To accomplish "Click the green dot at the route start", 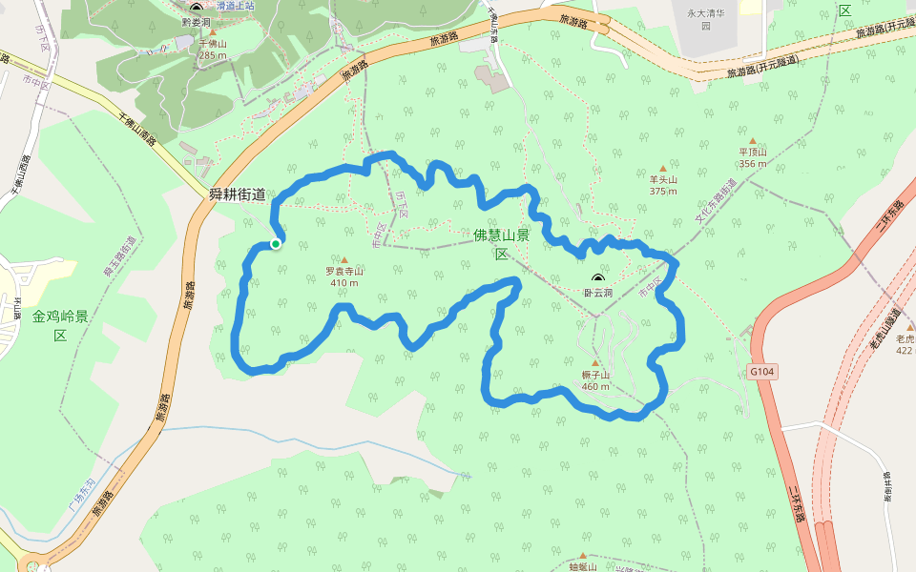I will pyautogui.click(x=276, y=244).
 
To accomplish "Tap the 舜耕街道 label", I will pyautogui.click(x=239, y=194).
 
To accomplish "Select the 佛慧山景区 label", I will pyautogui.click(x=501, y=244).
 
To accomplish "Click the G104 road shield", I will pyautogui.click(x=761, y=372).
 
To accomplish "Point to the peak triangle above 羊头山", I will pyautogui.click(x=663, y=169).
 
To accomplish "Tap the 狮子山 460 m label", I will pyautogui.click(x=595, y=380).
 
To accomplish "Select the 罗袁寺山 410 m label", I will pyautogui.click(x=344, y=276).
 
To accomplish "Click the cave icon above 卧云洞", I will pyautogui.click(x=598, y=278).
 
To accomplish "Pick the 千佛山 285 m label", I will pyautogui.click(x=213, y=50).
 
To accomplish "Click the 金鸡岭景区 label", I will pyautogui.click(x=60, y=324).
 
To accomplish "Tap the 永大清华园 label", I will pyautogui.click(x=706, y=20).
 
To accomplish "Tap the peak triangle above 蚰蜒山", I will pyautogui.click(x=582, y=554).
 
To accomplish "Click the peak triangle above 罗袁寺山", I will pyautogui.click(x=344, y=258).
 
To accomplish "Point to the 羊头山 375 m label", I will pyautogui.click(x=663, y=185).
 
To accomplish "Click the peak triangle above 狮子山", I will pyautogui.click(x=595, y=363).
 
